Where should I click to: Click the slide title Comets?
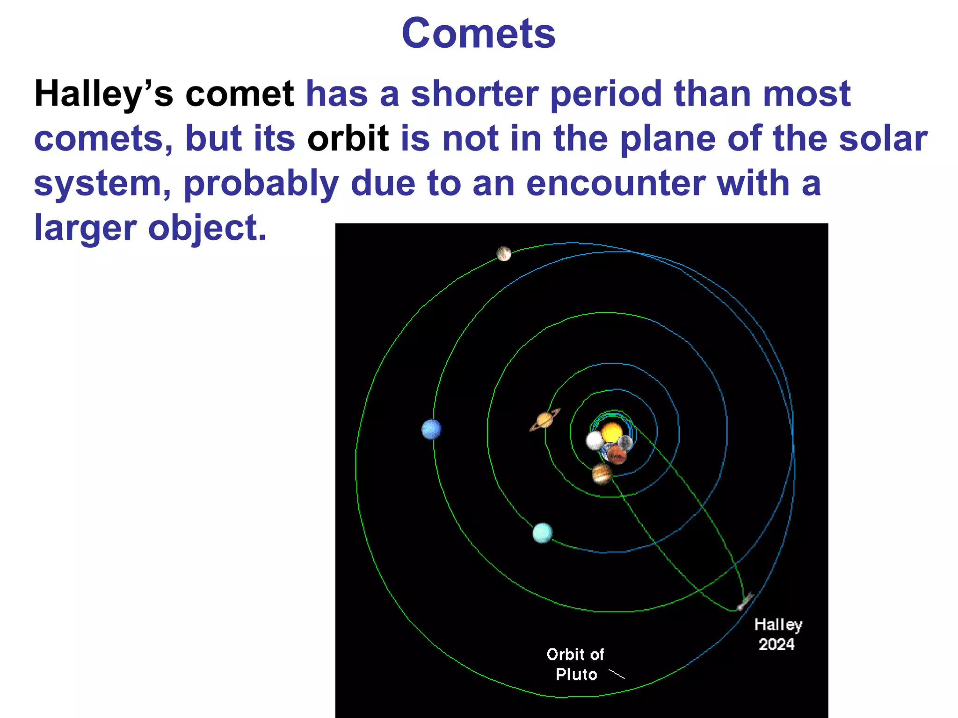pyautogui.click(x=479, y=34)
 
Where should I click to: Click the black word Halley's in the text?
pyautogui.click(x=103, y=94)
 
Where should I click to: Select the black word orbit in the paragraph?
pyautogui.click(x=348, y=138)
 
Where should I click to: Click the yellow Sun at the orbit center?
pyautogui.click(x=611, y=432)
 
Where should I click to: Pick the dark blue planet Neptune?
pyautogui.click(x=431, y=429)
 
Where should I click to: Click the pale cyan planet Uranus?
pyautogui.click(x=542, y=533)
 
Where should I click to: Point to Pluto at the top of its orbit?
pyautogui.click(x=504, y=253)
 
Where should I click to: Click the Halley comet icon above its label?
pyautogui.click(x=745, y=602)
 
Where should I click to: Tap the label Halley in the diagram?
pyautogui.click(x=778, y=625)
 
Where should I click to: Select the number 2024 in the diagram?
pyautogui.click(x=777, y=644)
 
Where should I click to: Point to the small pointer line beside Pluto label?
pyautogui.click(x=617, y=674)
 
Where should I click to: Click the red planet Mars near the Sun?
pyautogui.click(x=617, y=454)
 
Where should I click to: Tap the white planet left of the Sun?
pyautogui.click(x=595, y=440)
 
